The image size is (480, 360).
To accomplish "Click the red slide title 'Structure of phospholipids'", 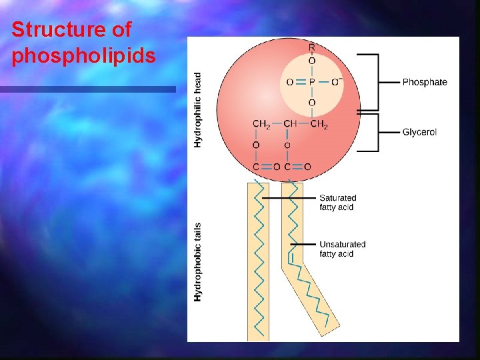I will [83, 43].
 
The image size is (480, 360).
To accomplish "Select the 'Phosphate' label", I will [425, 82].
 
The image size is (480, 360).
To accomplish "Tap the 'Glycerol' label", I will [419, 132].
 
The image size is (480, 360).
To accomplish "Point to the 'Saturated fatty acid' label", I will [338, 203].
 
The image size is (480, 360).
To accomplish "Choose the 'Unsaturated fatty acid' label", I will [343, 249].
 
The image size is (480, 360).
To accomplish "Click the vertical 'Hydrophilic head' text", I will [198, 110].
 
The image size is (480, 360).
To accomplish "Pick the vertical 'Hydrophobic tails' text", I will [198, 261].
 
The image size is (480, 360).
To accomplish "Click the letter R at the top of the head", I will [311, 47].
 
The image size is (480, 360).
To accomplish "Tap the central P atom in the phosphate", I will [311, 82].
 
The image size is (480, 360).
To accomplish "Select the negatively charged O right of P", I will [336, 82].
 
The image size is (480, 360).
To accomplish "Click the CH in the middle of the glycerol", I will [290, 123].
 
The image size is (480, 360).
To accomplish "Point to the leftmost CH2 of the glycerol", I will [261, 123].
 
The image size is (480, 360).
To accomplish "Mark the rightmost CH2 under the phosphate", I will [320, 123].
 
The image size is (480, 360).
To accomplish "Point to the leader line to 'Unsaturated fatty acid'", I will [303, 245].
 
